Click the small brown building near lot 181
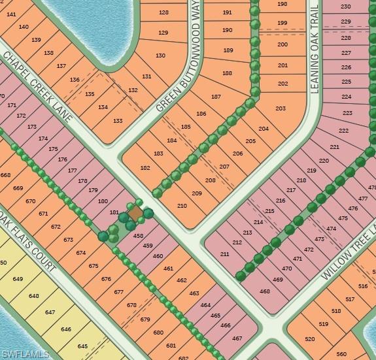(x=135, y=214)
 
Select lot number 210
(x=182, y=206)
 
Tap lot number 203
(x=281, y=108)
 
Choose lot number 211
(x=225, y=254)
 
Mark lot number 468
(x=265, y=291)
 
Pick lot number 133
(x=118, y=121)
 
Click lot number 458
(x=138, y=235)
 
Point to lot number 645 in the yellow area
(x=82, y=346)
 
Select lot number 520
(x=310, y=338)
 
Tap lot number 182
(x=145, y=168)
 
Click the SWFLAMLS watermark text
(x=26, y=353)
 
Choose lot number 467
(x=237, y=338)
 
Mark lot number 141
(x=10, y=14)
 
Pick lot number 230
(x=346, y=7)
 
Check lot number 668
(x=6, y=174)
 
